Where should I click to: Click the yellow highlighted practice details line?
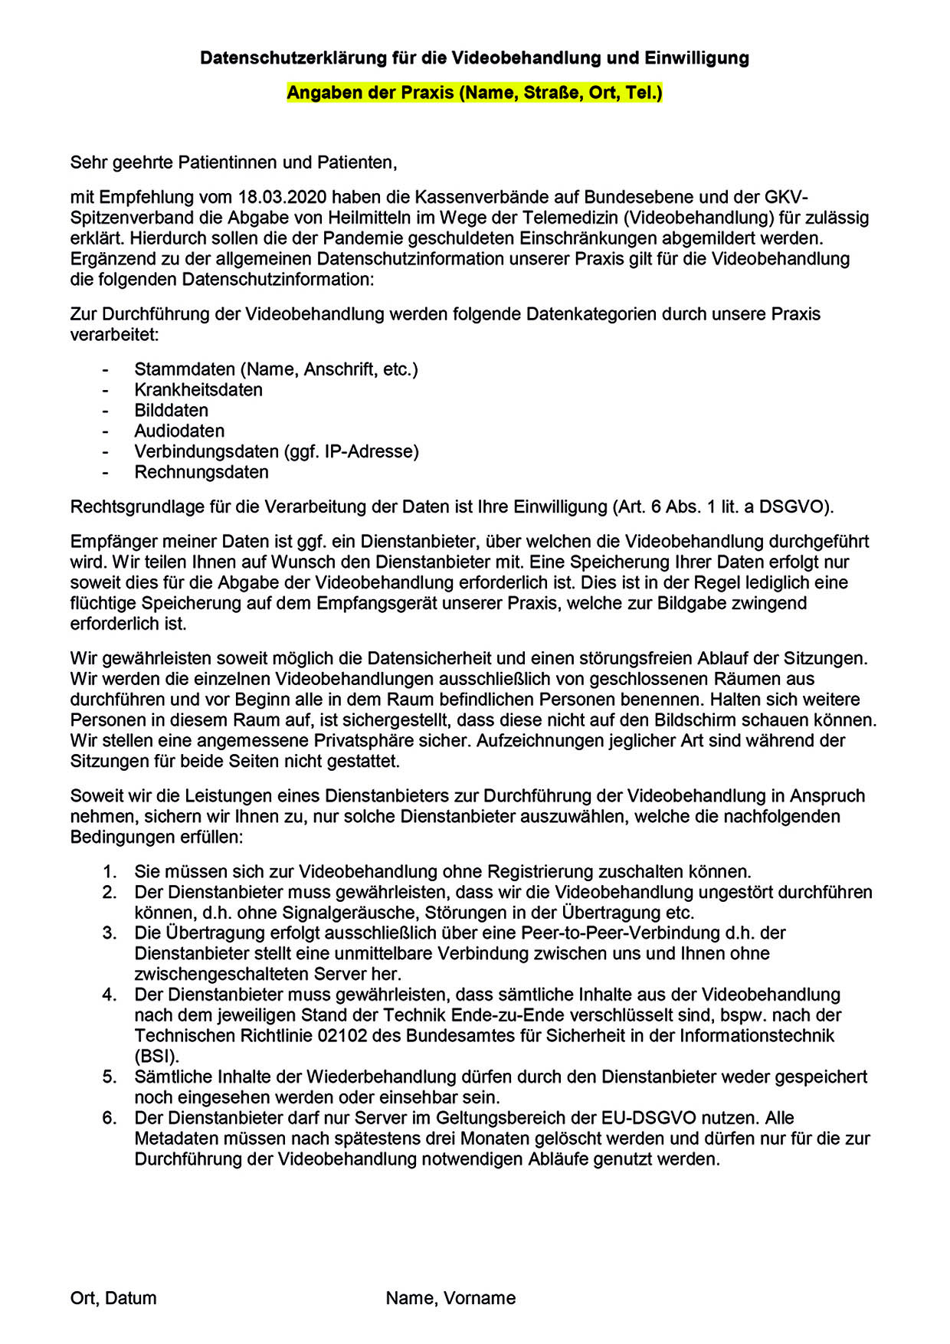(x=474, y=93)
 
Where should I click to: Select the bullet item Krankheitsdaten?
(x=198, y=389)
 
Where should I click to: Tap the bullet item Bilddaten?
(x=171, y=410)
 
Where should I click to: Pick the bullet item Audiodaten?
(x=179, y=431)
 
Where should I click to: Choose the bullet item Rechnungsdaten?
(x=201, y=472)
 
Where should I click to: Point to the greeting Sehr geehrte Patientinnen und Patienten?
(x=234, y=162)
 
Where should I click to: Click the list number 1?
(x=110, y=871)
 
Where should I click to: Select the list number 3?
(x=110, y=933)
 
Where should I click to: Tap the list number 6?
(x=110, y=1117)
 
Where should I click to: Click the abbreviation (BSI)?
(x=156, y=1056)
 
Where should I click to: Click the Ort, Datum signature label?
(x=113, y=1298)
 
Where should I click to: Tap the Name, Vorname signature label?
(x=450, y=1298)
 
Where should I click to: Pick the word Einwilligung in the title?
(x=696, y=57)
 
